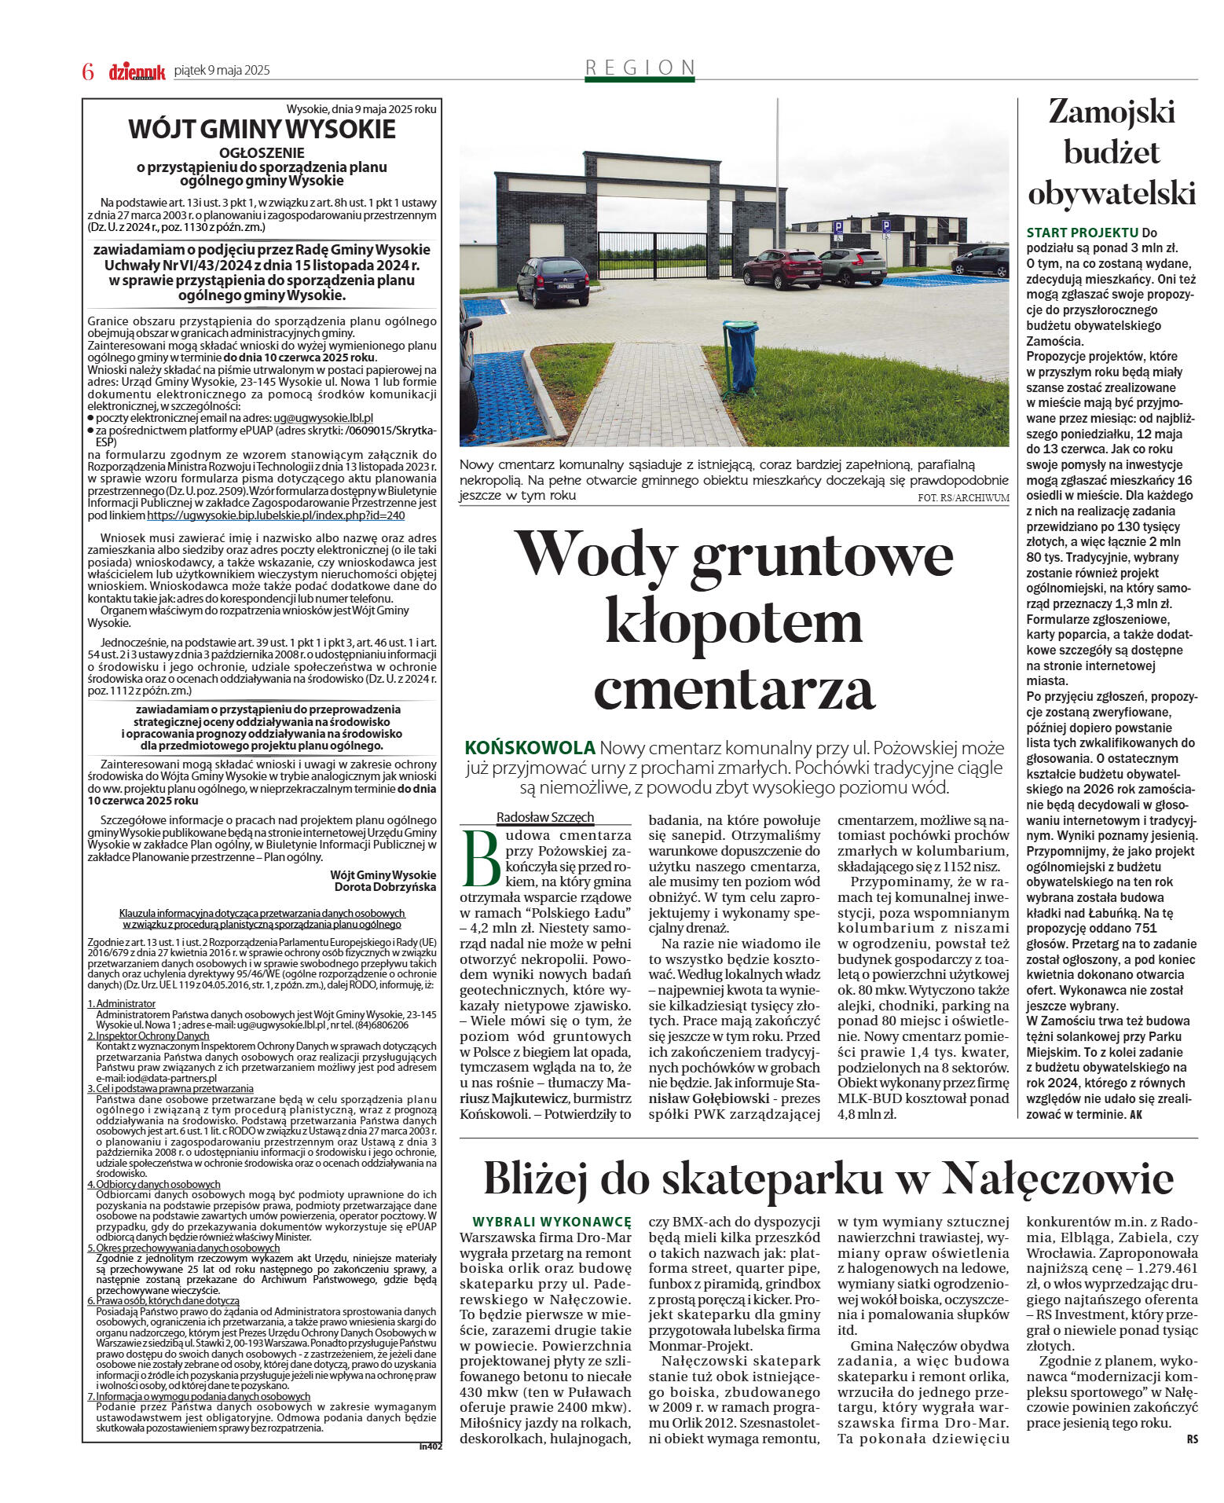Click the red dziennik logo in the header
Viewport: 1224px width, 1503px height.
click(x=137, y=71)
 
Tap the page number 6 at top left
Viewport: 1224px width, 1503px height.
click(x=88, y=71)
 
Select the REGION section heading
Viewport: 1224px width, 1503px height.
click(x=639, y=68)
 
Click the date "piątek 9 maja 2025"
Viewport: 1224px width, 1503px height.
click(x=222, y=71)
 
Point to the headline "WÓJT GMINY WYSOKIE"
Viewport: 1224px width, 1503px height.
click(x=262, y=129)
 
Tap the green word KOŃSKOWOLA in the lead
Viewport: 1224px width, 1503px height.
click(x=530, y=747)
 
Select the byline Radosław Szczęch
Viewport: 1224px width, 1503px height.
click(x=545, y=817)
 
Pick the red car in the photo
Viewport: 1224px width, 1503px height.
click(x=782, y=268)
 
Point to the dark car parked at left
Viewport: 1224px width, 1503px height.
click(x=552, y=281)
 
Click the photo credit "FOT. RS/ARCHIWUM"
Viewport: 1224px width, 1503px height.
click(x=963, y=497)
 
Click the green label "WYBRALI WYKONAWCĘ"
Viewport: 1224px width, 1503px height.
click(x=552, y=1222)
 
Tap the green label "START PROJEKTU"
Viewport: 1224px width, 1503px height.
click(x=1082, y=233)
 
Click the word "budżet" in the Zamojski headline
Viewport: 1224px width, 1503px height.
click(x=1111, y=152)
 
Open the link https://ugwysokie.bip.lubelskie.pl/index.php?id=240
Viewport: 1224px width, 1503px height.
click(x=276, y=515)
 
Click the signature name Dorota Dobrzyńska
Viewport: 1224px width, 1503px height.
click(x=385, y=887)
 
